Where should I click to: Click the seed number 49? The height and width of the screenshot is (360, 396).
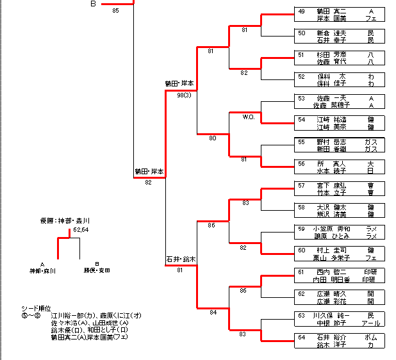pyautogui.click(x=302, y=12)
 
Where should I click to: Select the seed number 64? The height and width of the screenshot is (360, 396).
pyautogui.click(x=302, y=336)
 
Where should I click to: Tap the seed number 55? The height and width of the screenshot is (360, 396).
pyautogui.click(x=302, y=142)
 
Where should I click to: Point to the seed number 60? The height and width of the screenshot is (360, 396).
pyautogui.click(x=302, y=250)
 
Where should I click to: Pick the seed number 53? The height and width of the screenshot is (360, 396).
pyautogui.click(x=302, y=98)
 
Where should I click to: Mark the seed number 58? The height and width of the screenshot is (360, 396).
pyautogui.click(x=302, y=207)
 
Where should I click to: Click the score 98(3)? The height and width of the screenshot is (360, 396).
pyautogui.click(x=184, y=95)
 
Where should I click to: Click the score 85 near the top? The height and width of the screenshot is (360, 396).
pyautogui.click(x=115, y=10)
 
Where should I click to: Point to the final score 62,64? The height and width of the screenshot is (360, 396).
pyautogui.click(x=81, y=229)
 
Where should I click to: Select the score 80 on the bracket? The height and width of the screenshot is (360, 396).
pyautogui.click(x=213, y=138)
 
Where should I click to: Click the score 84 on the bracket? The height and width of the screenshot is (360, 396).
pyautogui.click(x=213, y=312)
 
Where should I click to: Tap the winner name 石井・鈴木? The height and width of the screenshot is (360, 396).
pyautogui.click(x=180, y=259)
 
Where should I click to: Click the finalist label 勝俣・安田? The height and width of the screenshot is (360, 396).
pyautogui.click(x=96, y=270)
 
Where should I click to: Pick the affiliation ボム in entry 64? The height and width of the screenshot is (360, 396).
pyautogui.click(x=370, y=336)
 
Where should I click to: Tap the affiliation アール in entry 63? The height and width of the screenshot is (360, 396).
pyautogui.click(x=370, y=322)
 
